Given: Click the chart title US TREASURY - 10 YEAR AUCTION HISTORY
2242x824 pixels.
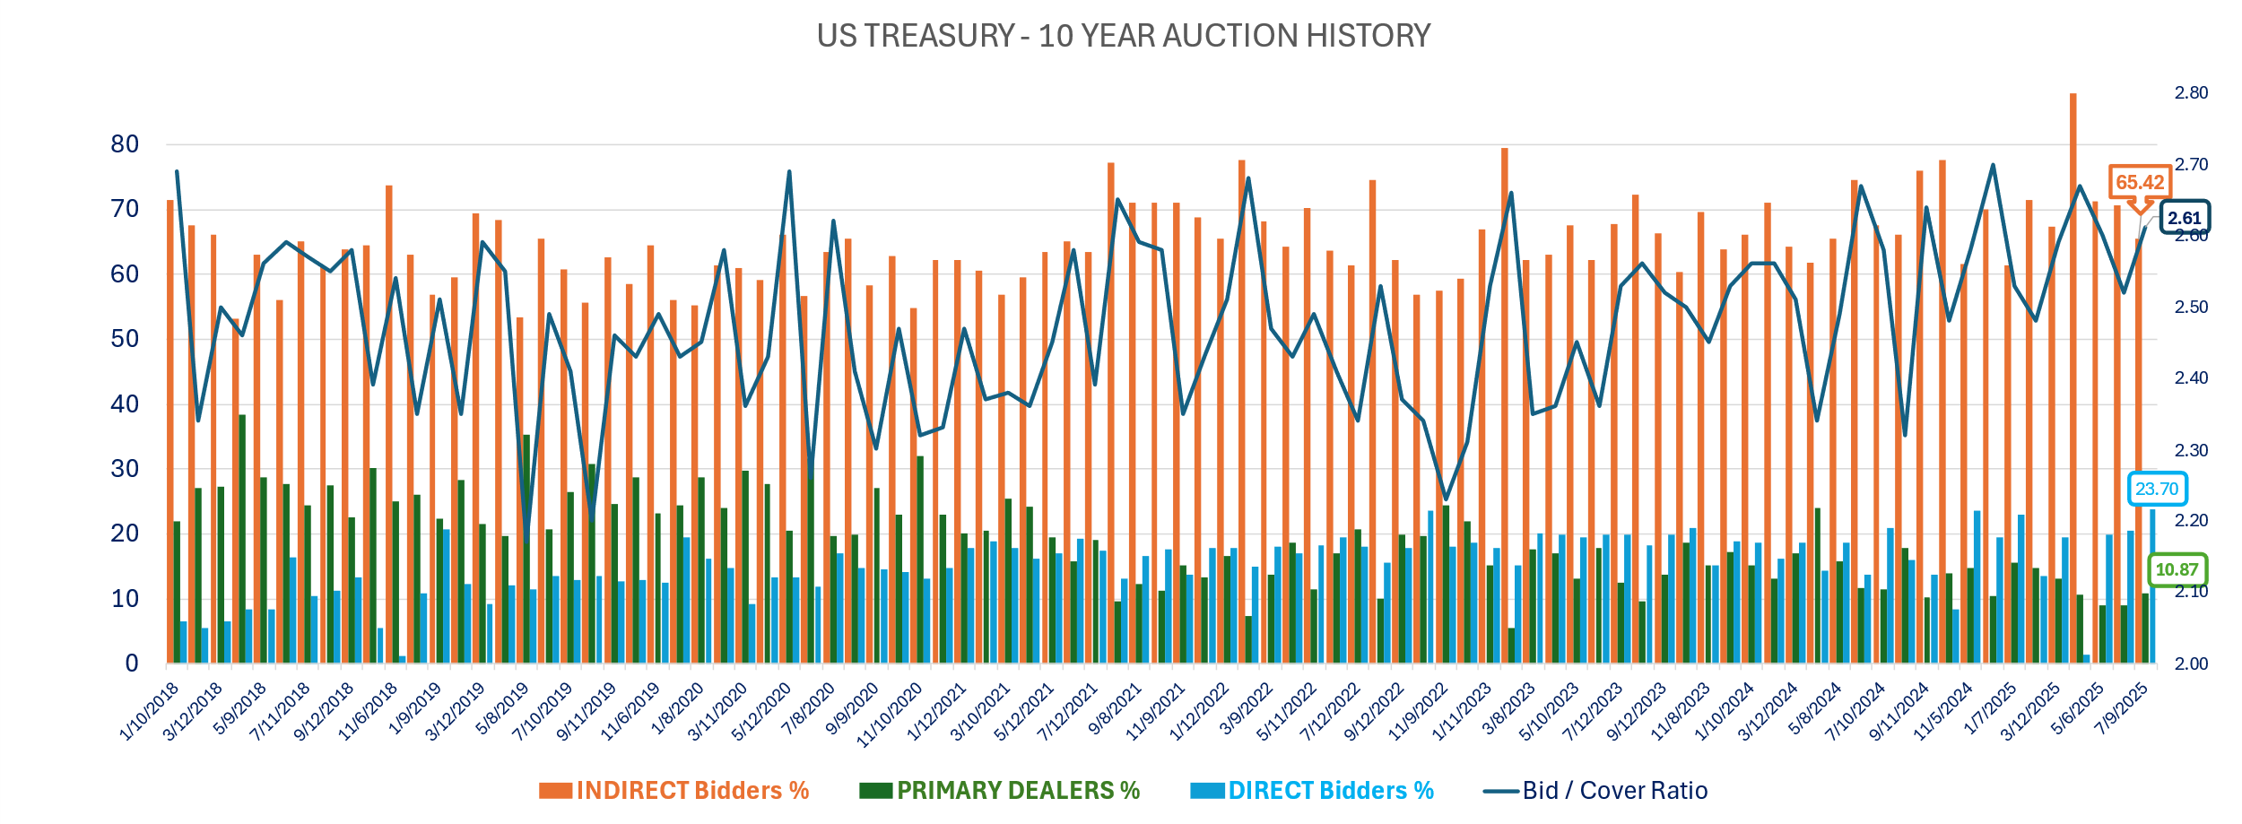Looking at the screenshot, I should pyautogui.click(x=1123, y=36).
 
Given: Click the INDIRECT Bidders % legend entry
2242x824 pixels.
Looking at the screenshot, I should pyautogui.click(x=673, y=790).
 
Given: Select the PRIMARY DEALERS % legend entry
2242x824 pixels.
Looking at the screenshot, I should pyautogui.click(x=999, y=790).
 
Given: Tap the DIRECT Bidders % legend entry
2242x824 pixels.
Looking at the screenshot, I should pyautogui.click(x=1312, y=790).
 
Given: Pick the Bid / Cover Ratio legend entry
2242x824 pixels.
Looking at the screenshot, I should pyautogui.click(x=1596, y=790).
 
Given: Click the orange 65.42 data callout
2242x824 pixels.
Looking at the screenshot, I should pyautogui.click(x=2140, y=182).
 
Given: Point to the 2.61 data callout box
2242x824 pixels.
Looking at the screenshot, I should pyautogui.click(x=2185, y=218).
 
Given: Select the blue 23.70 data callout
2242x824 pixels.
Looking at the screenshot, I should pyautogui.click(x=2156, y=489).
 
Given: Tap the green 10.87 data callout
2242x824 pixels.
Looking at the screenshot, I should pyautogui.click(x=2177, y=569).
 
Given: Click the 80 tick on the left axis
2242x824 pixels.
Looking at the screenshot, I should pyautogui.click(x=125, y=144).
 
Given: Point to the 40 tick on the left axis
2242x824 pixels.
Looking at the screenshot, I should pyautogui.click(x=125, y=404).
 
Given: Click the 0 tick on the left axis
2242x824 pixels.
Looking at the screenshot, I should pyautogui.click(x=132, y=664).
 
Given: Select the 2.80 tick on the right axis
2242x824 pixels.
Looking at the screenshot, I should pyautogui.click(x=2191, y=92).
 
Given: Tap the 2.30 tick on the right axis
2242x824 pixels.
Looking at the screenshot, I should pyautogui.click(x=2191, y=450).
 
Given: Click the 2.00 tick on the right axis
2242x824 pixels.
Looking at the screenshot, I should pyautogui.click(x=2191, y=664).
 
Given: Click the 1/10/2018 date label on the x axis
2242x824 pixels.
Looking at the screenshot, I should pyautogui.click(x=150, y=712).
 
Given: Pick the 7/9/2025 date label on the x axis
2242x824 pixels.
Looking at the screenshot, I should pyautogui.click(x=2121, y=709).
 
